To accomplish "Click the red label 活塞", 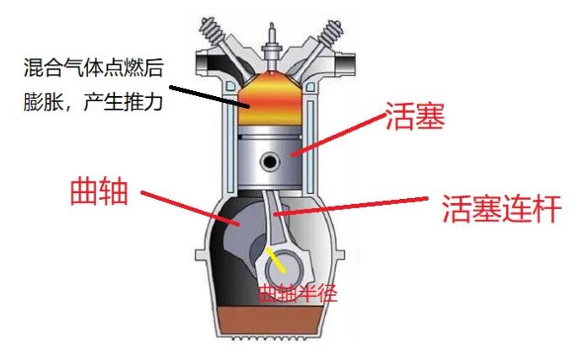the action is (x=414, y=116).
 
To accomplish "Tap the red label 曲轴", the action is (x=99, y=192).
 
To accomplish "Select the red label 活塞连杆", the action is (x=502, y=209).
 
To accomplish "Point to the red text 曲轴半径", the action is (x=298, y=293).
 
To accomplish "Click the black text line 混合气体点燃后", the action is (x=94, y=67).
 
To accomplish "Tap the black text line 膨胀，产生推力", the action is (x=94, y=100).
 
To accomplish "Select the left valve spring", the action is (x=212, y=29).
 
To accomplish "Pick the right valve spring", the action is (x=331, y=30).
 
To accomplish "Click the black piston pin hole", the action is (x=269, y=161).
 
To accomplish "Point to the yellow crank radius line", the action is (x=275, y=260).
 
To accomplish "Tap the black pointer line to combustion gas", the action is (x=209, y=97).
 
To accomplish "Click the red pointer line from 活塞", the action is (x=338, y=134).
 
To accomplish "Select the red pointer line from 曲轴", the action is (x=191, y=207).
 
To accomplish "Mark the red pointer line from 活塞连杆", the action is (x=350, y=206).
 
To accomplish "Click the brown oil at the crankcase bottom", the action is (x=270, y=320).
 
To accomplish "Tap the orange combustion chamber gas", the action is (x=271, y=99).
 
